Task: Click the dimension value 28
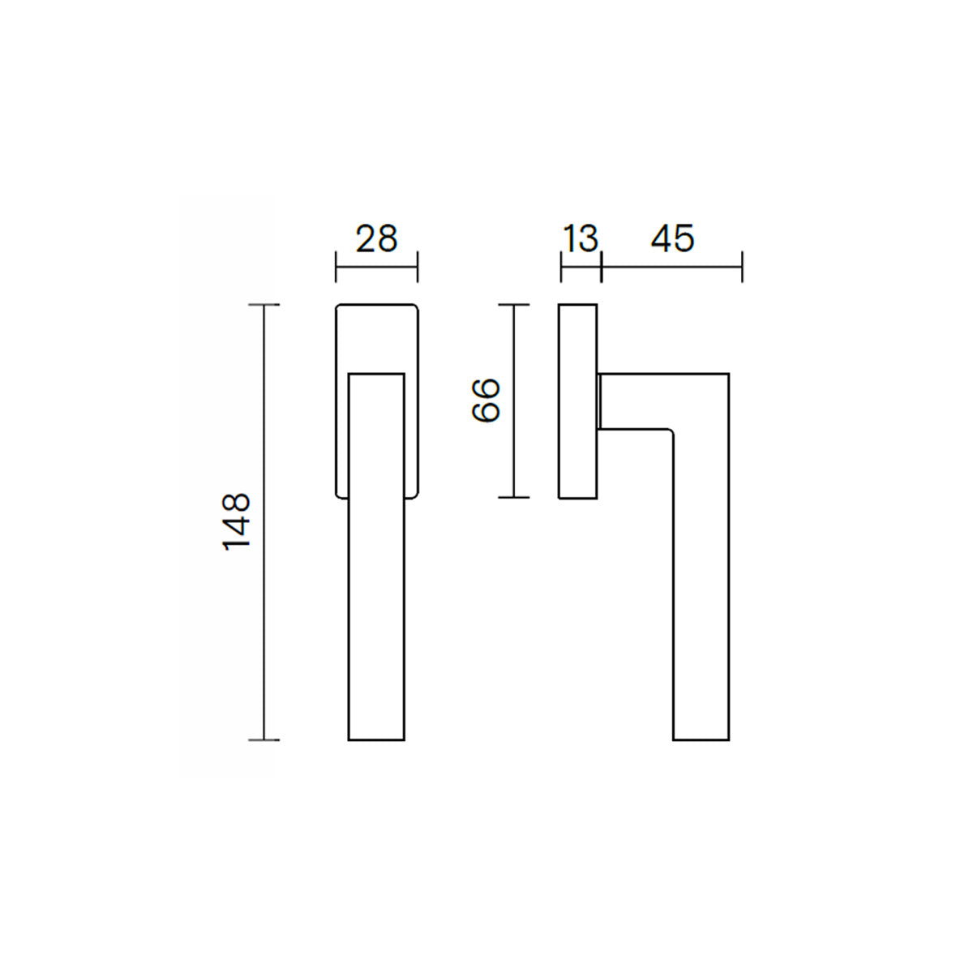point(377,239)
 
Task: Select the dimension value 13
point(581,239)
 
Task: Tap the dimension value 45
point(672,239)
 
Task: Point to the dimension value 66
point(486,401)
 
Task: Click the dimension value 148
point(236,521)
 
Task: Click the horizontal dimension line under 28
point(377,267)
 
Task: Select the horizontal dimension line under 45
point(672,267)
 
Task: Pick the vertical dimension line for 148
point(264,523)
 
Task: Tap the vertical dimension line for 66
point(513,401)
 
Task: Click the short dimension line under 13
point(581,267)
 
